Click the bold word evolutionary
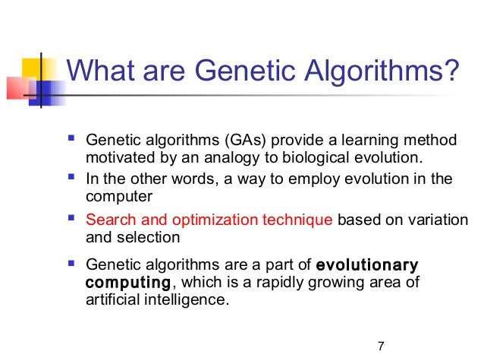367,266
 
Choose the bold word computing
127,283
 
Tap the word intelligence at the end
183,299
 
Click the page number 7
381,347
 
